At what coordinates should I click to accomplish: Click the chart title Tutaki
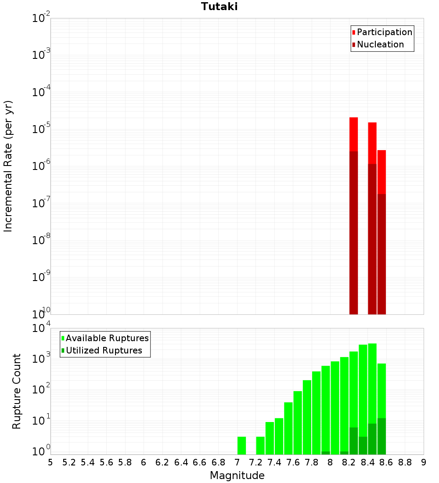click(x=219, y=7)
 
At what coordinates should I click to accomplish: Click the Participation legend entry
click(x=384, y=32)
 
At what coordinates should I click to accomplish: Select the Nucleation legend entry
click(x=380, y=44)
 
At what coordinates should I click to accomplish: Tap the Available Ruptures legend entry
click(x=107, y=338)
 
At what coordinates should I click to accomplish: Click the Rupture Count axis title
click(x=17, y=391)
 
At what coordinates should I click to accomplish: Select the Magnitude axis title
click(x=237, y=476)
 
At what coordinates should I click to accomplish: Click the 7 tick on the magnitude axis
click(x=237, y=462)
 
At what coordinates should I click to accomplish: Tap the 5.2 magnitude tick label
click(x=69, y=462)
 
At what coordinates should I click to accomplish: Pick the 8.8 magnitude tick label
click(x=405, y=462)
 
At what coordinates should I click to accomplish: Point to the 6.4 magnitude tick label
click(x=181, y=462)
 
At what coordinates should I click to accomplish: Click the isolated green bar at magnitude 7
click(x=241, y=445)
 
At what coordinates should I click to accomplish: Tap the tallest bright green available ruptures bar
click(x=372, y=382)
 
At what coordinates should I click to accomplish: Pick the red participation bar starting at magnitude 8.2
click(x=353, y=134)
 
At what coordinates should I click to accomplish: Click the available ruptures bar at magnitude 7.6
click(x=288, y=428)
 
